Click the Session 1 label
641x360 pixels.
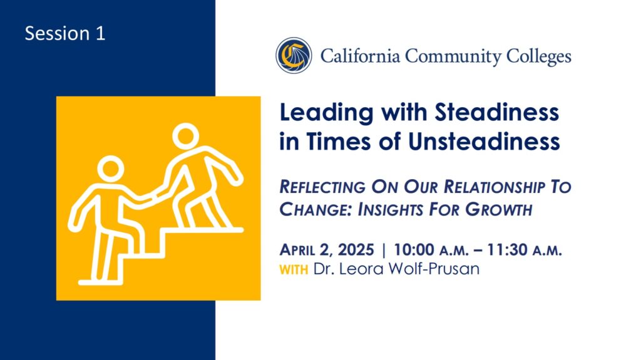click(x=65, y=33)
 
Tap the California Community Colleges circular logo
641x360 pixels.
click(x=294, y=56)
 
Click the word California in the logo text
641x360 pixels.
click(x=360, y=56)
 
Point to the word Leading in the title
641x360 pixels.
click(x=326, y=113)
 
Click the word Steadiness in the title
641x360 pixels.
click(x=496, y=112)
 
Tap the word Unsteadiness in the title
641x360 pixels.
click(x=484, y=141)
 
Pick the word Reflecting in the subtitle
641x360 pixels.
click(x=322, y=187)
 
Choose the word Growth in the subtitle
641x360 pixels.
click(x=499, y=210)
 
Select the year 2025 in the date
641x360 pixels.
click(x=356, y=250)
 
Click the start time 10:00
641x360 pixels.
click(x=414, y=250)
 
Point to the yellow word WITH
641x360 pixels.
click(x=294, y=270)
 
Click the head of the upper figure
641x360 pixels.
click(x=185, y=136)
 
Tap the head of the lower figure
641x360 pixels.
click(x=110, y=168)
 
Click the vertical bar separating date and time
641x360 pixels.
click(x=384, y=250)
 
